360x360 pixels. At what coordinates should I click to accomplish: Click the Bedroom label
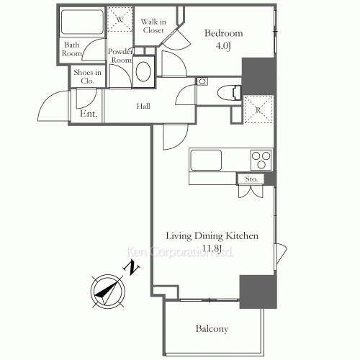point(223,33)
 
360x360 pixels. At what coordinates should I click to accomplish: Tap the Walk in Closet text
point(153,27)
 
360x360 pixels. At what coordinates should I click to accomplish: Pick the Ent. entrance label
point(89,114)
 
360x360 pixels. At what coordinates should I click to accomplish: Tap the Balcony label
point(212,329)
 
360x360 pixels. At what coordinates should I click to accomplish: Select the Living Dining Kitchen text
point(212,236)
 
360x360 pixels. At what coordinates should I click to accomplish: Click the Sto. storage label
point(251,179)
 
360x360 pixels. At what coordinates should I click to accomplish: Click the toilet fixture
point(229,92)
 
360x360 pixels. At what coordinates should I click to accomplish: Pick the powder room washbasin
point(145,72)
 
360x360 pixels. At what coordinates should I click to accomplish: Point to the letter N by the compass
point(132,267)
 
